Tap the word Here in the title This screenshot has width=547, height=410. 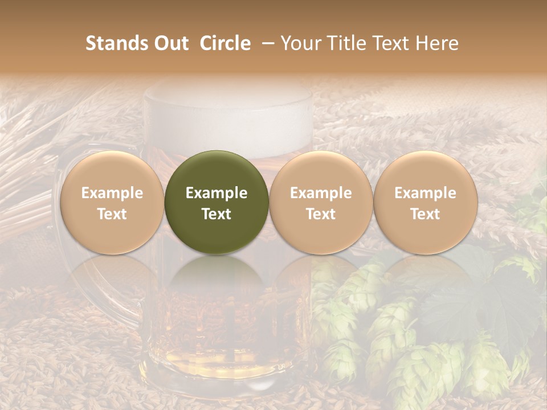438,44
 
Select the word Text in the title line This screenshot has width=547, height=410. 389,44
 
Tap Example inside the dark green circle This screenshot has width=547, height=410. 217,193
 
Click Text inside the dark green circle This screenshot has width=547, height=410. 217,214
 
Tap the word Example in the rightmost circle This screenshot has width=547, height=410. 426,193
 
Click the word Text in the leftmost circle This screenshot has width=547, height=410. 112,214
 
